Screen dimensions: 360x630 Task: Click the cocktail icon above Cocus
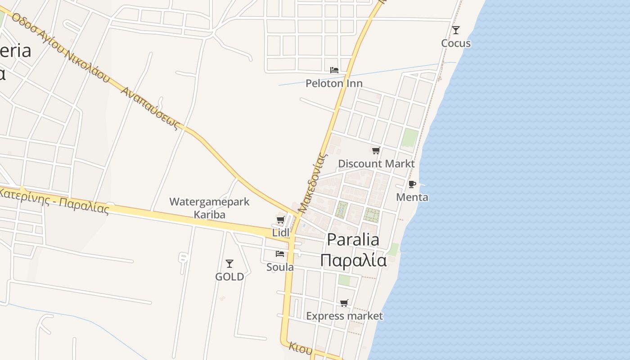click(x=456, y=30)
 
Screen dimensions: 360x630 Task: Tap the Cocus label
click(x=456, y=43)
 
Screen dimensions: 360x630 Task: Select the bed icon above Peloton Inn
click(x=334, y=70)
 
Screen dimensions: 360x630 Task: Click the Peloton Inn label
click(x=334, y=83)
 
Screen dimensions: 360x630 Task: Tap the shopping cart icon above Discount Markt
click(x=376, y=150)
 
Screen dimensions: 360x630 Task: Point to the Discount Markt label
click(x=376, y=163)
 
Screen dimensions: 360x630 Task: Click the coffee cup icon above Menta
click(x=412, y=184)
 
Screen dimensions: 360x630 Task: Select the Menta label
click(x=412, y=197)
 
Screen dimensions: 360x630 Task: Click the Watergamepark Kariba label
click(x=209, y=208)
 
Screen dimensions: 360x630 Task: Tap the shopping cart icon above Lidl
click(x=280, y=220)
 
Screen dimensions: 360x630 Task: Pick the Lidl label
click(x=281, y=233)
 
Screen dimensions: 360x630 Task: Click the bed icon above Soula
click(x=280, y=254)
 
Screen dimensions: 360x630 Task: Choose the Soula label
click(x=280, y=267)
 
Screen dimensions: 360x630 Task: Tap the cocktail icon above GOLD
click(x=229, y=264)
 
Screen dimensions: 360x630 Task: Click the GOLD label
click(x=229, y=277)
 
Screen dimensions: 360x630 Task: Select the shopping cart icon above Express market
click(x=344, y=303)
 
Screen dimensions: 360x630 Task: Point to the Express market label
click(x=344, y=316)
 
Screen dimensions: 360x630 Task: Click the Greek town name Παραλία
click(x=353, y=260)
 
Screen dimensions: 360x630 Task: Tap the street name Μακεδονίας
click(x=312, y=182)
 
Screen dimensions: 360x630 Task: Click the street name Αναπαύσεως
click(x=150, y=108)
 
